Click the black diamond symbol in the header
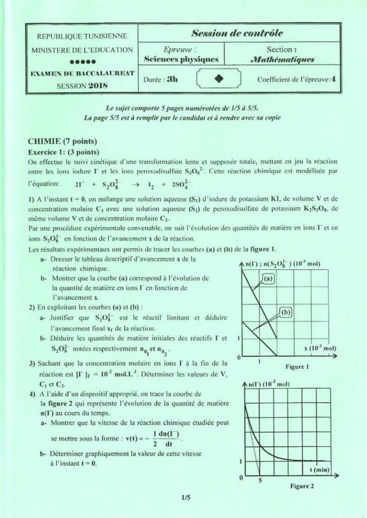click(x=219, y=78)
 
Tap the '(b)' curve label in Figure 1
click(x=286, y=313)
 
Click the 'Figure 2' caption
click(x=302, y=487)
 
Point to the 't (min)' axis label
click(x=319, y=470)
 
